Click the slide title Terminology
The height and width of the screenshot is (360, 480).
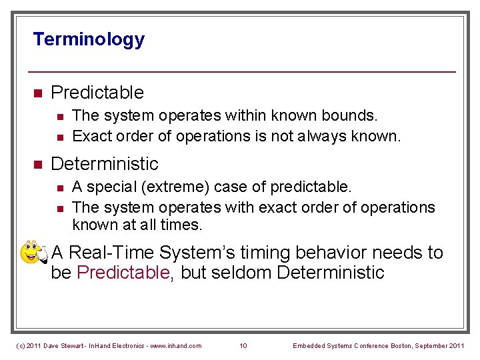coord(89,39)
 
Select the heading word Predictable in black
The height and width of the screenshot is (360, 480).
coord(97,92)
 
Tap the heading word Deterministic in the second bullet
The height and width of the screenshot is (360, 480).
coord(105,163)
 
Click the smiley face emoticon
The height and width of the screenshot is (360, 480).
coord(33,253)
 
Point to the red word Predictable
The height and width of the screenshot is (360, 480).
coord(123,273)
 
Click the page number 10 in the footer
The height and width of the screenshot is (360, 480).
coord(243,345)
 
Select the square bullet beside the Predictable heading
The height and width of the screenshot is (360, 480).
coord(38,93)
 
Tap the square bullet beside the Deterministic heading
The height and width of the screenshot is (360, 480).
coord(38,164)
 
